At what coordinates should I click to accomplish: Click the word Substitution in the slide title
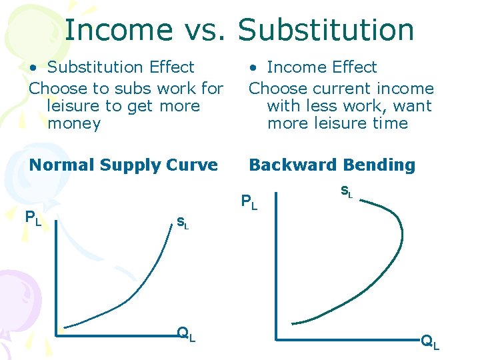coord(326,29)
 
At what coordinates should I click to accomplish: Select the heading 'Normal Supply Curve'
coord(123,165)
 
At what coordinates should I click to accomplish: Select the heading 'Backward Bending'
coord(331,165)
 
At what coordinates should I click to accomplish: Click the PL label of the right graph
coord(249,201)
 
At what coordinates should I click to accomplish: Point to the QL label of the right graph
coord(429,343)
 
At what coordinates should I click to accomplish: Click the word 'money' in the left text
coord(74,123)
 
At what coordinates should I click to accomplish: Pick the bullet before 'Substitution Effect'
coord(33,67)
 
